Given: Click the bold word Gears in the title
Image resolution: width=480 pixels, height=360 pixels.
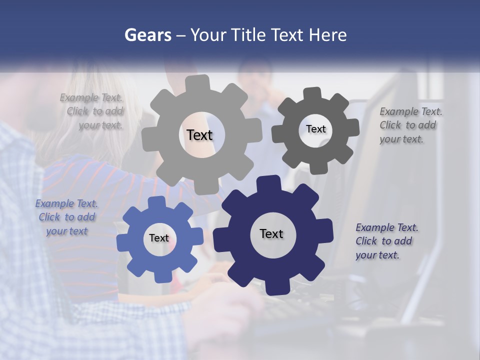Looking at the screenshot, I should (147, 35).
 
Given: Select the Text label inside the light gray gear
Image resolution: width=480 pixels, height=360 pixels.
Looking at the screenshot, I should (199, 135).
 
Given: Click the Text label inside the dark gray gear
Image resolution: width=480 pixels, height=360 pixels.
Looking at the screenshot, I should (315, 129).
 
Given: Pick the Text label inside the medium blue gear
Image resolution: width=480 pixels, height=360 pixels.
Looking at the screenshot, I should (159, 238).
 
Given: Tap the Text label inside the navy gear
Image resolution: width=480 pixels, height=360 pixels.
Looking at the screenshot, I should (271, 233).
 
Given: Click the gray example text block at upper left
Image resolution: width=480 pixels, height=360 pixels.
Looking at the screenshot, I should (91, 111).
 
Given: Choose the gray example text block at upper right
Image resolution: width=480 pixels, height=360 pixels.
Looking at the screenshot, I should (410, 125).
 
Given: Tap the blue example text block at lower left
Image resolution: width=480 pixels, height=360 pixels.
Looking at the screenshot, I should (66, 217).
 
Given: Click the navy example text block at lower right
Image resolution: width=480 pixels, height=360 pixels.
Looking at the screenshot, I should (386, 241).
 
